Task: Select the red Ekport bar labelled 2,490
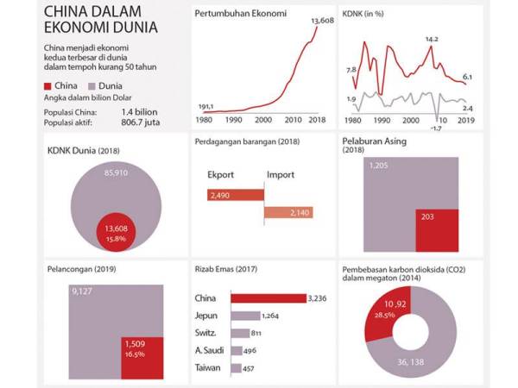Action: point(234,196)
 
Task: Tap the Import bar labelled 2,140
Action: point(288,213)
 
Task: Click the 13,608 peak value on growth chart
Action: point(321,19)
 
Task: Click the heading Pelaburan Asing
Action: point(374,141)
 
